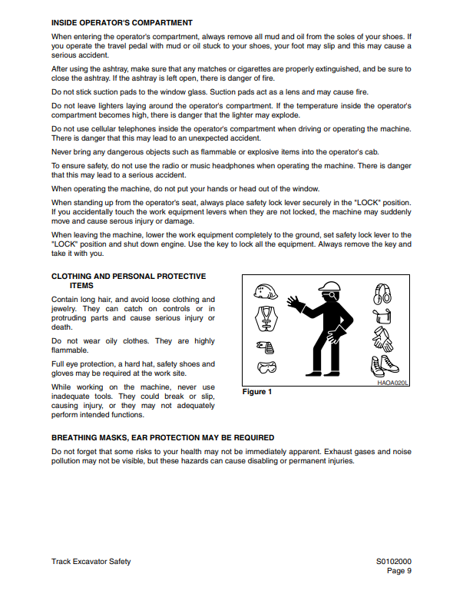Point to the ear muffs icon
(x=382, y=293)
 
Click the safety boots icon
(x=383, y=364)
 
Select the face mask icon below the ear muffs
(x=382, y=316)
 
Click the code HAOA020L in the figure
(x=392, y=381)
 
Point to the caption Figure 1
(x=257, y=392)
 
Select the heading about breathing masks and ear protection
(x=162, y=437)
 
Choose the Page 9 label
(x=399, y=571)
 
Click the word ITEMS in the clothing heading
(x=81, y=285)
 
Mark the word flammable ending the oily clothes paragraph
(x=70, y=350)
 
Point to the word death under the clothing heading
(x=61, y=327)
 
